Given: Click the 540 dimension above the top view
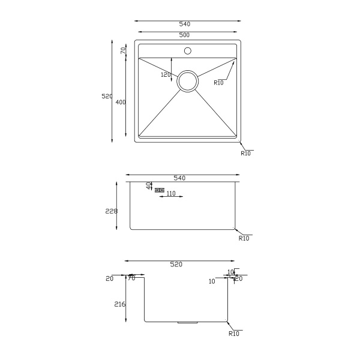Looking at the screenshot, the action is coord(185,24).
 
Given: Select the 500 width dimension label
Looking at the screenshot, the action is coord(184,35).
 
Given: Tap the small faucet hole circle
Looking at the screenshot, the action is coord(188,51).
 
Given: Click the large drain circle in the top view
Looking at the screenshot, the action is coord(188,70).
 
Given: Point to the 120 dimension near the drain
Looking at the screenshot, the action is coord(166,74).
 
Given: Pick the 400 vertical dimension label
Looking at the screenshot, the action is coord(121,102).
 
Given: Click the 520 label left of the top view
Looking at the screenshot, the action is coord(107,97).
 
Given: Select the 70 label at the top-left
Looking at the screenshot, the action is coord(123,50).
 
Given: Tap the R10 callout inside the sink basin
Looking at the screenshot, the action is coord(218,83).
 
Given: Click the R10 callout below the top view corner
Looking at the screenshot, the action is coord(245,154).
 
